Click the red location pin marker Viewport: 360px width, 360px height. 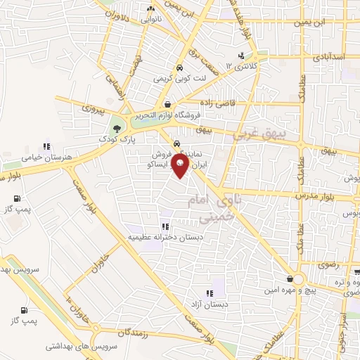point(181,166)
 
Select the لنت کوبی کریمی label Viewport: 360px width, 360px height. point(180,79)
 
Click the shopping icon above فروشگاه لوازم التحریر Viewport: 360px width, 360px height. point(167,105)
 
